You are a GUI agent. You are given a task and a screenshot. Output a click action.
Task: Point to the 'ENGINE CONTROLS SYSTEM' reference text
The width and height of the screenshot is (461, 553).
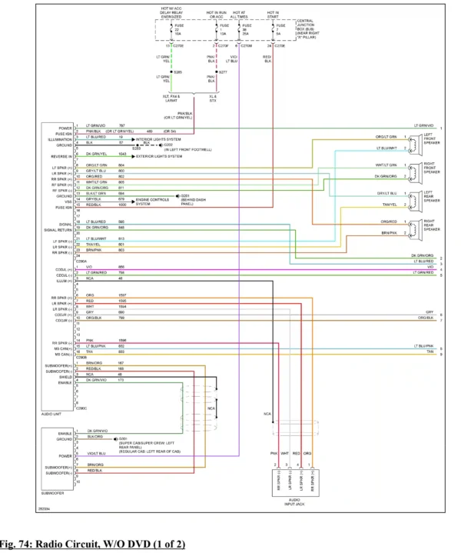coord(152,202)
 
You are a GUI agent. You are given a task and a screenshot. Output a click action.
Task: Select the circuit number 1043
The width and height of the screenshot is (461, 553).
coord(122,155)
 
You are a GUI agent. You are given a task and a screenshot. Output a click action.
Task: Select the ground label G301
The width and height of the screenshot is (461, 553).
coord(124,438)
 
